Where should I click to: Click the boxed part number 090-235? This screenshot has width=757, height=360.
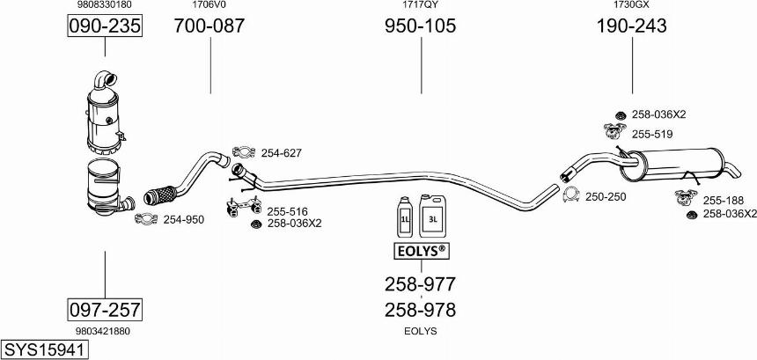pyautogui.click(x=105, y=26)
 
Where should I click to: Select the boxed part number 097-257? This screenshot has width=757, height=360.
pyautogui.click(x=105, y=309)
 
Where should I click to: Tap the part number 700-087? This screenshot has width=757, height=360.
pyautogui.click(x=209, y=26)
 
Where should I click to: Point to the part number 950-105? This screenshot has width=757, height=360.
pyautogui.click(x=420, y=26)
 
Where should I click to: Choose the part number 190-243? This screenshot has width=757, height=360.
pyautogui.click(x=631, y=26)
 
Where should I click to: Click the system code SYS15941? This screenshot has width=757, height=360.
pyautogui.click(x=45, y=350)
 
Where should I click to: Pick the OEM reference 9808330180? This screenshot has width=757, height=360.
pyautogui.click(x=105, y=5)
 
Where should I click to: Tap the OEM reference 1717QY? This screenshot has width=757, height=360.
pyautogui.click(x=420, y=5)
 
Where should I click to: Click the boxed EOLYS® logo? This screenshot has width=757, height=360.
pyautogui.click(x=420, y=252)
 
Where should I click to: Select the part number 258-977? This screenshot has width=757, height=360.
pyautogui.click(x=420, y=284)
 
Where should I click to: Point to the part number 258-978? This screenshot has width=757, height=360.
pyautogui.click(x=420, y=310)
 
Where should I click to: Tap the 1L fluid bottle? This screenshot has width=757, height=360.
pyautogui.click(x=406, y=217)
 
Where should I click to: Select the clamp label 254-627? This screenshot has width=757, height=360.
pyautogui.click(x=281, y=153)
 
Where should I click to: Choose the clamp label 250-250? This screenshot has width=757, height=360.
pyautogui.click(x=605, y=196)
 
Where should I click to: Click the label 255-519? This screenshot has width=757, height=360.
pyautogui.click(x=651, y=134)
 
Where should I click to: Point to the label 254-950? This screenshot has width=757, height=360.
pyautogui.click(x=183, y=219)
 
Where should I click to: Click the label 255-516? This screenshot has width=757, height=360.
pyautogui.click(x=287, y=211)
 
